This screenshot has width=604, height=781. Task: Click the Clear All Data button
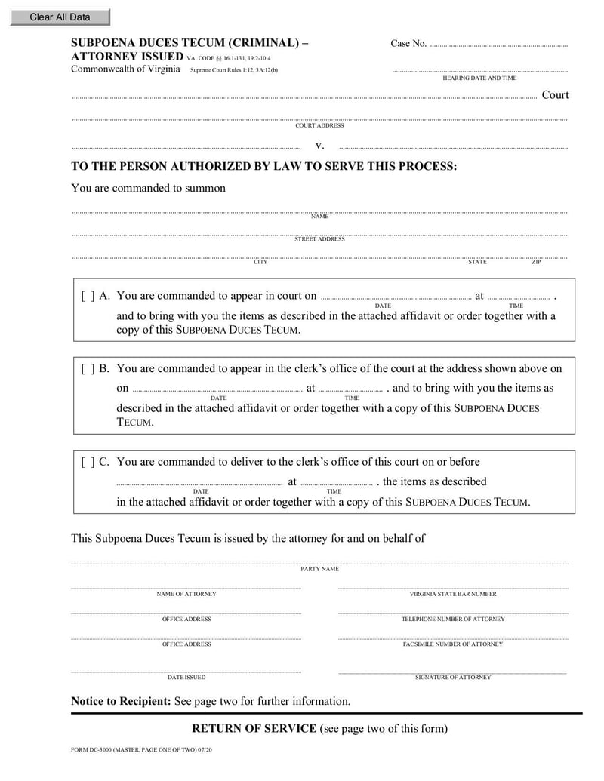click(x=60, y=17)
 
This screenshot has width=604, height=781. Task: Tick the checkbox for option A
click(x=88, y=297)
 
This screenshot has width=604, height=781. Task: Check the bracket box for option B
click(x=88, y=369)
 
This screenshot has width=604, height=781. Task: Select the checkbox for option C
click(x=88, y=462)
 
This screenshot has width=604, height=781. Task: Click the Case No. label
click(x=408, y=44)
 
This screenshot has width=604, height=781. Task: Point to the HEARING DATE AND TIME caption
click(x=479, y=78)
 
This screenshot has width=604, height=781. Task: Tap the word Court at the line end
click(x=555, y=95)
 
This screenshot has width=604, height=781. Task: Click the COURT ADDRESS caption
click(x=319, y=126)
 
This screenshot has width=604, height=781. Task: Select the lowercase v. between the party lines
click(x=319, y=145)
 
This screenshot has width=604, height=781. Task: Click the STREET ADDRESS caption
click(x=319, y=239)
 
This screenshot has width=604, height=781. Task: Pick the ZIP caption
click(x=536, y=262)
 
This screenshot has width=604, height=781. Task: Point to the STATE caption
click(x=477, y=262)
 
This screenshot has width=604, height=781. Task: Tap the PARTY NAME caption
click(x=319, y=569)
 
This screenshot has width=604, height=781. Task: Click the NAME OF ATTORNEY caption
click(x=186, y=594)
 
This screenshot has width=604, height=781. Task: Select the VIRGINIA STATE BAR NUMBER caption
click(x=453, y=594)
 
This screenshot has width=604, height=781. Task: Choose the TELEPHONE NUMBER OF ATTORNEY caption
click(x=453, y=620)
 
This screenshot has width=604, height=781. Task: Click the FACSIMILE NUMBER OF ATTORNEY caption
click(x=453, y=644)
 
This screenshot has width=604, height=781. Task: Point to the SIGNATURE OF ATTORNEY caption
click(x=453, y=678)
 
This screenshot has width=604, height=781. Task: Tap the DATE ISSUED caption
click(x=186, y=678)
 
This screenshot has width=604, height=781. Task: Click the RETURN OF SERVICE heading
click(x=254, y=729)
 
